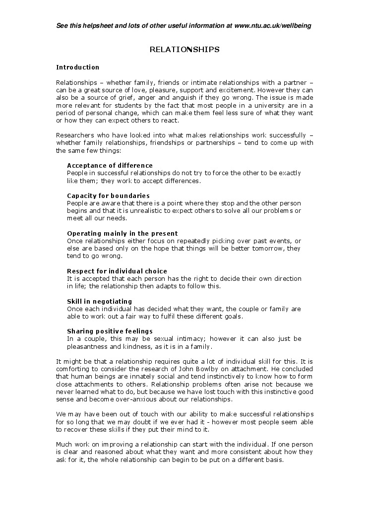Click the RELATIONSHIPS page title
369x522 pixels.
184,50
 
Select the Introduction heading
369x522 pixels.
78,67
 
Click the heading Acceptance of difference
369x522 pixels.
110,165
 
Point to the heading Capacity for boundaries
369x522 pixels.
108,196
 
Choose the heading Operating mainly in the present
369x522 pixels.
122,233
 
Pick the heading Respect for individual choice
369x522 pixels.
117,271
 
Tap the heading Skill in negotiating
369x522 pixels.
99,301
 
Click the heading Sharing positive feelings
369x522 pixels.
110,331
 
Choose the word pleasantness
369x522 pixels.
88,346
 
